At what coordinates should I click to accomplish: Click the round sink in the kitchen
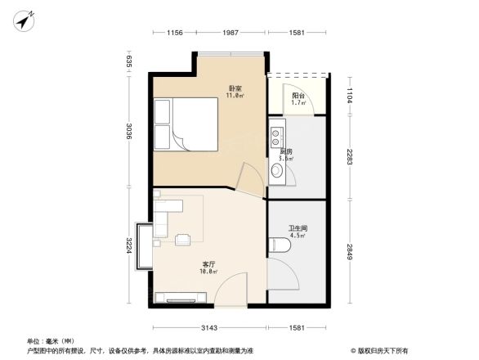point(276,170)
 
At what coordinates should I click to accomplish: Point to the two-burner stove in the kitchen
point(276,131)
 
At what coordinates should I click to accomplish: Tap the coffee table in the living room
point(184,239)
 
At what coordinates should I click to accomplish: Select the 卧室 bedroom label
point(234,88)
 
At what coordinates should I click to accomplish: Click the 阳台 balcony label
point(299,95)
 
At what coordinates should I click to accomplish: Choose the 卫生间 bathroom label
point(297,228)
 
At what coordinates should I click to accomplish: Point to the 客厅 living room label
point(209,264)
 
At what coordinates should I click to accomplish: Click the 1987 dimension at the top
point(231,33)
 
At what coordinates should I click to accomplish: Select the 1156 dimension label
point(169,33)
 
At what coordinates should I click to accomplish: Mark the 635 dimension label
point(129,61)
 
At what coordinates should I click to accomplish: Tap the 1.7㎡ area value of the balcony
point(299,102)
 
